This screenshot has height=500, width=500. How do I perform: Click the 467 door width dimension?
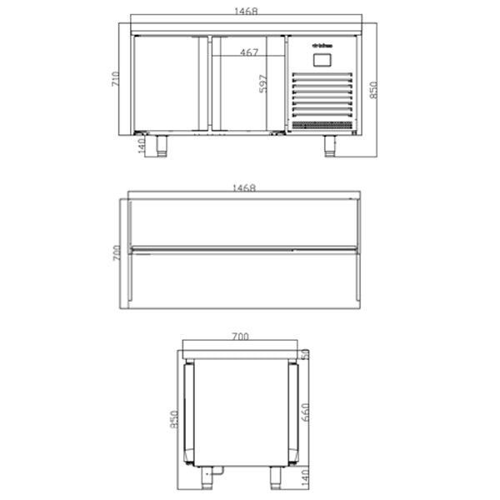pos(248,52)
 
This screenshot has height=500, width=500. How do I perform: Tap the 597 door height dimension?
pos(264,83)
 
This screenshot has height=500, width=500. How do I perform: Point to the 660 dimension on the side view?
pos(306,412)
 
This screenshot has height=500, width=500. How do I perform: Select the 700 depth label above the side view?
pos(240,337)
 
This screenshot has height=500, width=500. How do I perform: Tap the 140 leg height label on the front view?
pos(141,146)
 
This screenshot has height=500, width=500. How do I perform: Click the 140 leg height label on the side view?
pos(306,478)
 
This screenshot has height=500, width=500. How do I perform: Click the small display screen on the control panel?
pos(321,59)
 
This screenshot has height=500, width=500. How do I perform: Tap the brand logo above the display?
pos(322,44)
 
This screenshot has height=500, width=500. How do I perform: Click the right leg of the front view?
pos(330,145)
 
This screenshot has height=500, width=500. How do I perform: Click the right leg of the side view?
pos(275,477)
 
